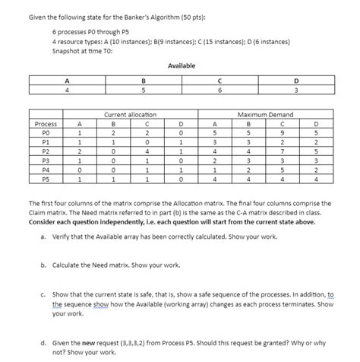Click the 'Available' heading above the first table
coord(181,66)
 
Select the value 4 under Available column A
coord(68,90)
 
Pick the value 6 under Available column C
coord(219,90)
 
